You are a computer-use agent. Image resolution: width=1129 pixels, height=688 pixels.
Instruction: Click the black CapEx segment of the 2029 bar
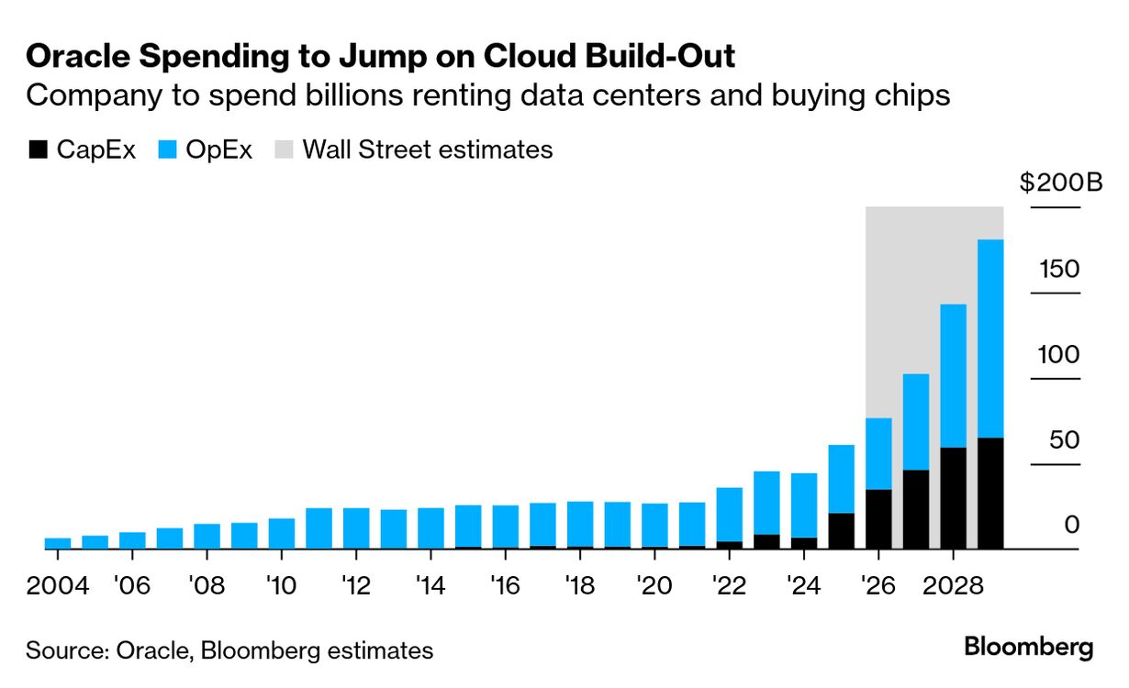(x=990, y=494)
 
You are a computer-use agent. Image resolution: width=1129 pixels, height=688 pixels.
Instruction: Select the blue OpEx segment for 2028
(x=953, y=376)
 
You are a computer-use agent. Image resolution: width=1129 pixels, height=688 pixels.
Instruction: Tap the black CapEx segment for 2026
(x=878, y=519)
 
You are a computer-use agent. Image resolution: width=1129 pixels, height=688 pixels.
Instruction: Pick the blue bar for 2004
(x=58, y=543)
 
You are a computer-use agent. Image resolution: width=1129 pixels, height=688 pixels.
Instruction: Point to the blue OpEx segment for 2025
(x=842, y=479)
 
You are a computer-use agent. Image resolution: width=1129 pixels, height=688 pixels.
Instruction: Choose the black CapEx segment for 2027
(x=916, y=509)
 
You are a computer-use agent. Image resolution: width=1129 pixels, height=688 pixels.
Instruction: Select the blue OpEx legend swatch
(x=167, y=150)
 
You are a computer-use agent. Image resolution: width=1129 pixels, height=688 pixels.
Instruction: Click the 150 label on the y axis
(x=1058, y=270)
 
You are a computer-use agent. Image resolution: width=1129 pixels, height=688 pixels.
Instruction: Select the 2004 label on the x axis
(x=58, y=584)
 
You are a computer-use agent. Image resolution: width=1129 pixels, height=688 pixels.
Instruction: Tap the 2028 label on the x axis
(x=953, y=584)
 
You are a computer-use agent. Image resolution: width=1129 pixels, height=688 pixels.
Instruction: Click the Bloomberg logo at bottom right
(x=1028, y=647)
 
